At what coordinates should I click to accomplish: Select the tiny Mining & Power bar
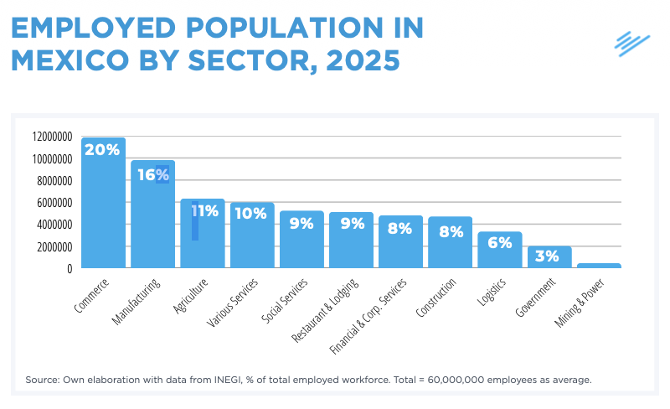pyautogui.click(x=599, y=266)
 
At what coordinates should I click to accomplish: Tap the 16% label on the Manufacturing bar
pyautogui.click(x=152, y=174)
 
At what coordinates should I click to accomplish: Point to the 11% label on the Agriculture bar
pyautogui.click(x=204, y=211)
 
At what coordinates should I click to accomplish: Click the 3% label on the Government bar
pyautogui.click(x=548, y=256)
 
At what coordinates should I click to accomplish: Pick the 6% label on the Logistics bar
pyautogui.click(x=499, y=242)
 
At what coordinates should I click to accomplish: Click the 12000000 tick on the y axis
pyautogui.click(x=52, y=137)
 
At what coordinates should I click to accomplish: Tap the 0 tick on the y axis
pyautogui.click(x=70, y=269)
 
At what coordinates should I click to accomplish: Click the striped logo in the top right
pyautogui.click(x=631, y=43)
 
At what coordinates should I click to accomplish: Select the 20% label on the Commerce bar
pyautogui.click(x=102, y=150)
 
